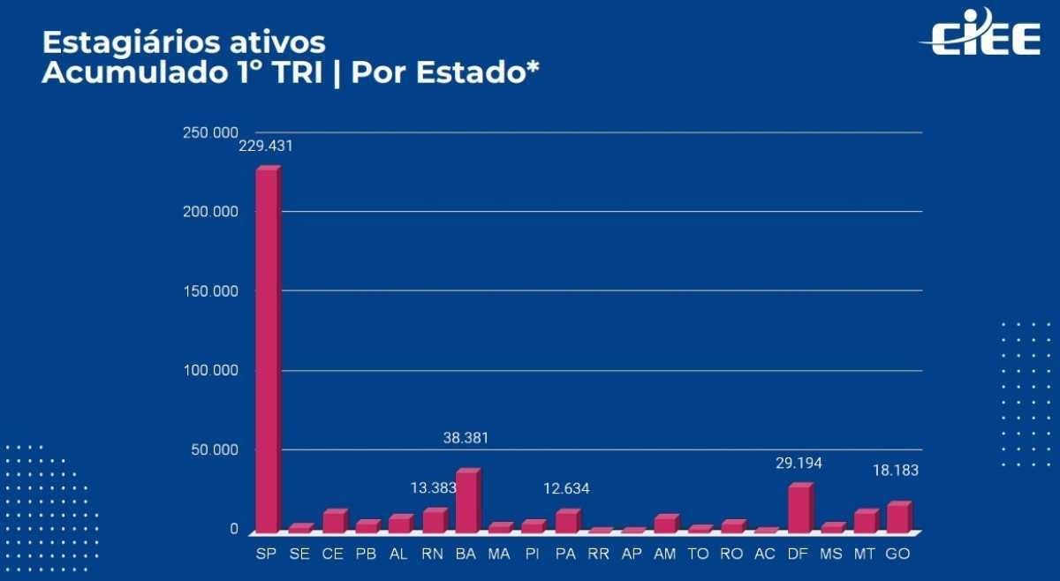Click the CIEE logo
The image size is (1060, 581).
(980, 34)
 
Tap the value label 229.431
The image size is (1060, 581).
(265, 147)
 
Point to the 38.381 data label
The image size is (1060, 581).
(466, 438)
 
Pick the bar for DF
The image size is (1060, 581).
(799, 509)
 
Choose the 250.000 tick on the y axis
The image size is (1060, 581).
(209, 132)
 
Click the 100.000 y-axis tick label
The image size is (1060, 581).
(209, 370)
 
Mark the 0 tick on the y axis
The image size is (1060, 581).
(234, 529)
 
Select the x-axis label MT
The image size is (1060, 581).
(865, 554)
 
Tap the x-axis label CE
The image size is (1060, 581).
(333, 554)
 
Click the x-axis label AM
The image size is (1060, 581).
(665, 554)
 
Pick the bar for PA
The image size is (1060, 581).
(566, 522)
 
